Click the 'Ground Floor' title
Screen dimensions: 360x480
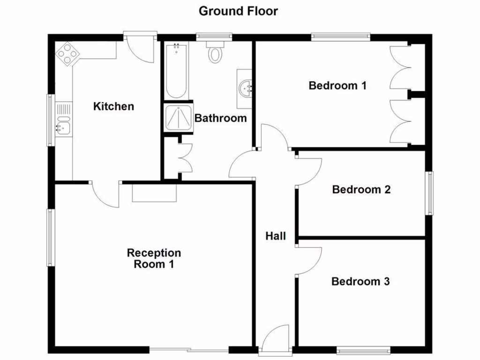(x=238, y=11)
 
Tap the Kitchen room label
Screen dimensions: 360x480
(x=113, y=106)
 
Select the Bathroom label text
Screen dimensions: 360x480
(x=220, y=118)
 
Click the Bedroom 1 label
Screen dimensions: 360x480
(x=337, y=86)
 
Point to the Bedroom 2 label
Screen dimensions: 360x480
(x=361, y=190)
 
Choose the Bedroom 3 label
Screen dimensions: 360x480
(x=360, y=282)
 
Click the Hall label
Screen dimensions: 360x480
(x=276, y=236)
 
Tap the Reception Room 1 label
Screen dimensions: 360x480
(x=154, y=259)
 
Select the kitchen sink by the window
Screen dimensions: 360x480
(x=62, y=125)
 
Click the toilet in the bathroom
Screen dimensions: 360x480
(x=216, y=52)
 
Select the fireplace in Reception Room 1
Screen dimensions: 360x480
(x=154, y=193)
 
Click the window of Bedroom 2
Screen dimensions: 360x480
(x=429, y=193)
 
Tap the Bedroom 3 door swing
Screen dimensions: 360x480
(x=308, y=261)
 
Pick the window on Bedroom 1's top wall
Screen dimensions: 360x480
(x=341, y=37)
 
